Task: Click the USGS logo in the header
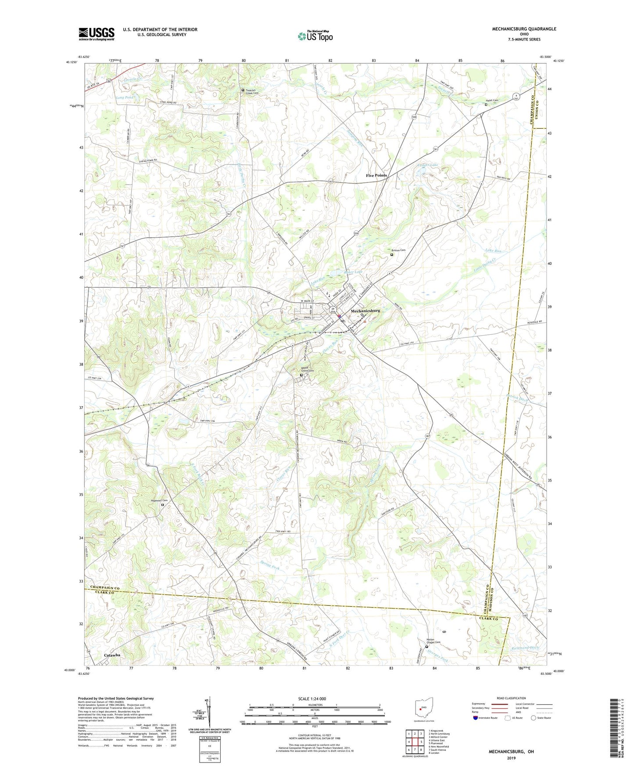tap(97, 34)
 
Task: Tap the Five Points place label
tap(376, 175)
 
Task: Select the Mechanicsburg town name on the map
tap(365, 310)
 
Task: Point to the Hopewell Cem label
tap(160, 500)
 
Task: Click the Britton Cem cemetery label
tap(398, 250)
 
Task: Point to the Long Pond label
tap(125, 98)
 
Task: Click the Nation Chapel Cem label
tap(433, 641)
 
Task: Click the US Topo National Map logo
tap(315, 36)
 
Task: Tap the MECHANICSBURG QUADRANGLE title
tap(524, 29)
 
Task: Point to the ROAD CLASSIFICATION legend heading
tap(512, 698)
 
